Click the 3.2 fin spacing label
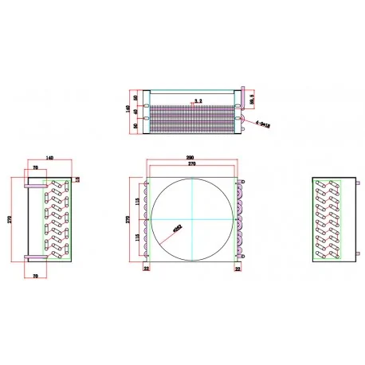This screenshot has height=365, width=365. coord(197,101)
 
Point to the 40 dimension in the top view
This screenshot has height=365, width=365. coord(135,111)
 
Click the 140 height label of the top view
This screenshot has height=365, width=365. coord(128,110)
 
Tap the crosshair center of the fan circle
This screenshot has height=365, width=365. coord(192,218)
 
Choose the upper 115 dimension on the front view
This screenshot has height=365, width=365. coord(139,200)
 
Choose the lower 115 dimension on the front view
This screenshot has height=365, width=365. coord(139,237)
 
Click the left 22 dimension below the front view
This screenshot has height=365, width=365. coord(147,269)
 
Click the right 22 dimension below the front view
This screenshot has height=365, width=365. coord(237,269)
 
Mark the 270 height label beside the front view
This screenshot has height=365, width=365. coord(130,218)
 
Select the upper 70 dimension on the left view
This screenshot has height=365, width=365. coord(37,168)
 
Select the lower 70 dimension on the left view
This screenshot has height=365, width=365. coord(37,276)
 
